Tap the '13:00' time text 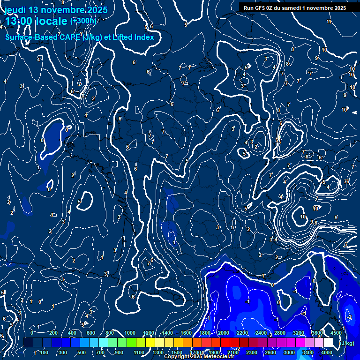19,22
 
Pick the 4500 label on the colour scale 336,333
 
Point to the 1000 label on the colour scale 130,333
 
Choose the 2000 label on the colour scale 224,333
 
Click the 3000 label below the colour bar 289,352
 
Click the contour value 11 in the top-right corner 329,22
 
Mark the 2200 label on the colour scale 242,333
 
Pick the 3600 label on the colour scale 317,333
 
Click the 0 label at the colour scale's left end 32,333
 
